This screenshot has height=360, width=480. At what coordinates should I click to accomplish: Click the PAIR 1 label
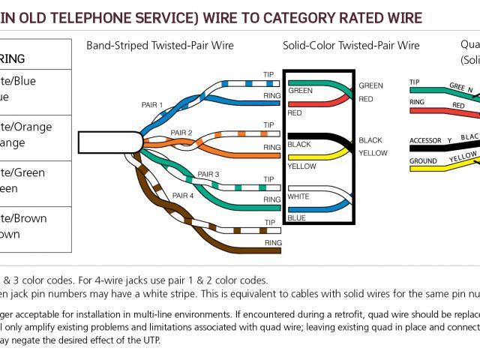click(151, 104)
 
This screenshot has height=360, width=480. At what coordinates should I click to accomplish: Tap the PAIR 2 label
click(181, 133)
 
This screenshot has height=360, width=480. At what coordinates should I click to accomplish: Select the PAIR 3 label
click(208, 175)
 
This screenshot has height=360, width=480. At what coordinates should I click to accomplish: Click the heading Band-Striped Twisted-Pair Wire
click(160, 46)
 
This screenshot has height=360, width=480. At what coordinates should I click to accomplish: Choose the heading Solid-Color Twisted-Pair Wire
click(351, 46)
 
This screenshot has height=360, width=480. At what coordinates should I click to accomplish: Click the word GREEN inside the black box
click(301, 91)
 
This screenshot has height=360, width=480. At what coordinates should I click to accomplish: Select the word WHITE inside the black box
click(298, 196)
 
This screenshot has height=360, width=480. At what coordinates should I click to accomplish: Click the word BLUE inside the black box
click(296, 217)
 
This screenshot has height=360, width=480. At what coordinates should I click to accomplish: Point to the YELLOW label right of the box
click(373, 153)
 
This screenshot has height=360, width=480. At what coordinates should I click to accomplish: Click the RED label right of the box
click(366, 99)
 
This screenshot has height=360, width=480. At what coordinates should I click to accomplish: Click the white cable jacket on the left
click(109, 142)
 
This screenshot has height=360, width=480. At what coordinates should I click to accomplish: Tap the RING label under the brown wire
click(273, 243)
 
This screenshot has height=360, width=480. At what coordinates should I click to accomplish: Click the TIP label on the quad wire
click(414, 82)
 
